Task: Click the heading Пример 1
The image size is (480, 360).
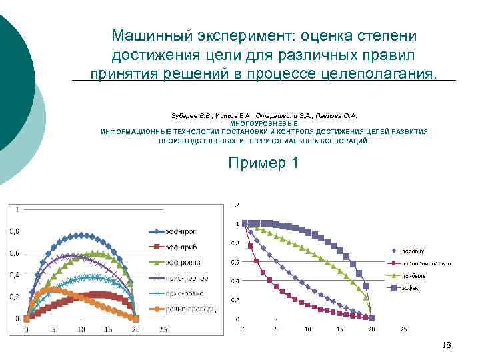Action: (263, 162)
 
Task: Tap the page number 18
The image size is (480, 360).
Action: (447, 345)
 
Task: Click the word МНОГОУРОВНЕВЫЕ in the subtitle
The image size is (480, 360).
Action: (264, 124)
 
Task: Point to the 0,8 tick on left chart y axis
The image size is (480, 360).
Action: (14, 231)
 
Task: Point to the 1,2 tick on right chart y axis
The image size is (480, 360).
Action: (235, 204)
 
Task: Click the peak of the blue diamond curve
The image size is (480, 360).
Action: (81, 235)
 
